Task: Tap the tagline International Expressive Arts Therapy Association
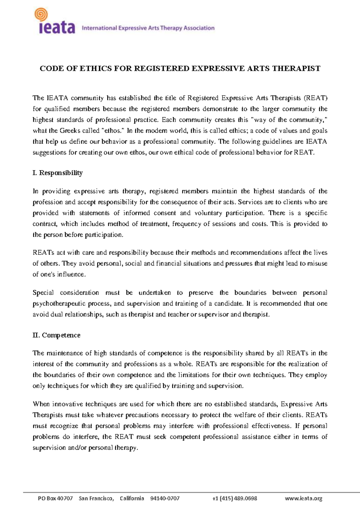tap(148, 28)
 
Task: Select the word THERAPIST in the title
tap(296, 69)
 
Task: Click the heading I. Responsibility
tap(58, 173)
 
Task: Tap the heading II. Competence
tap(56, 335)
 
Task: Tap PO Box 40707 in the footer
tap(55, 499)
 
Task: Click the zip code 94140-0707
tap(165, 499)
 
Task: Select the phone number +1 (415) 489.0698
tap(234, 499)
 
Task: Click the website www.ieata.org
tap(303, 499)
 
